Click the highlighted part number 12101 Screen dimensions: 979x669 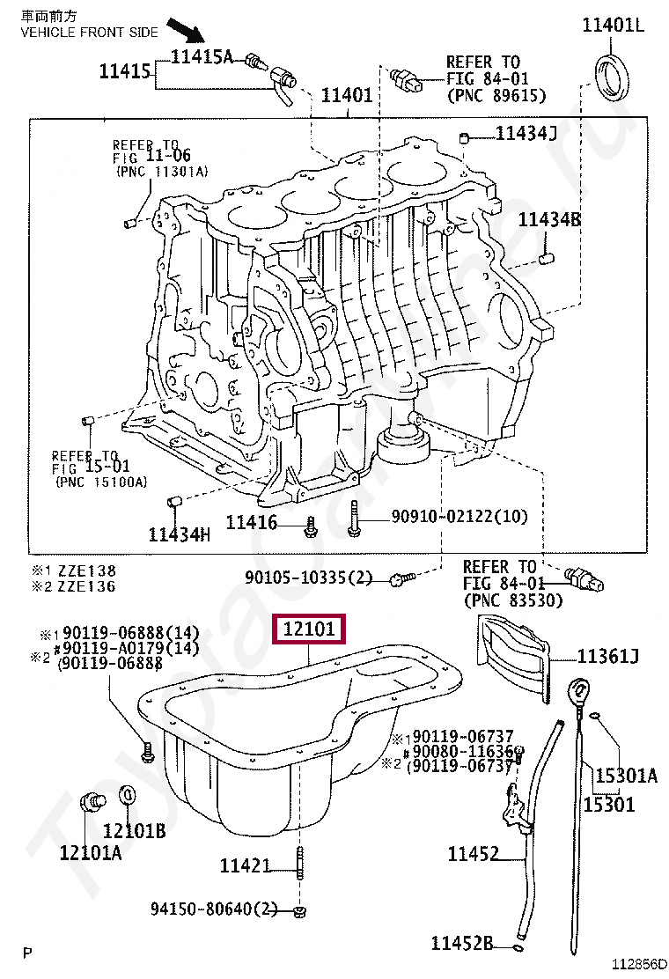(x=309, y=630)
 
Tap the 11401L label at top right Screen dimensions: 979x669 (x=613, y=25)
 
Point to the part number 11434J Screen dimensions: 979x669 (x=526, y=134)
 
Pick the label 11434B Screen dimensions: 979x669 (x=548, y=220)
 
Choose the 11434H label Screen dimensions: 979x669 (x=180, y=534)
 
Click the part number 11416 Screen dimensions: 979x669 (x=252, y=523)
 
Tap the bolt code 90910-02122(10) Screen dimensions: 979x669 (x=447, y=517)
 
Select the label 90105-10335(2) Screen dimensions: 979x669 (x=309, y=578)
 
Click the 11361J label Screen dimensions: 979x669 (x=607, y=655)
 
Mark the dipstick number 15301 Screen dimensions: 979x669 (x=609, y=803)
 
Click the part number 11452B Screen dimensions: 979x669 (x=462, y=944)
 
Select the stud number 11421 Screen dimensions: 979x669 (x=246, y=866)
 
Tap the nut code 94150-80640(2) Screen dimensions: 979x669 (x=214, y=909)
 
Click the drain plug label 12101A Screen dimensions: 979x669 (x=91, y=852)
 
